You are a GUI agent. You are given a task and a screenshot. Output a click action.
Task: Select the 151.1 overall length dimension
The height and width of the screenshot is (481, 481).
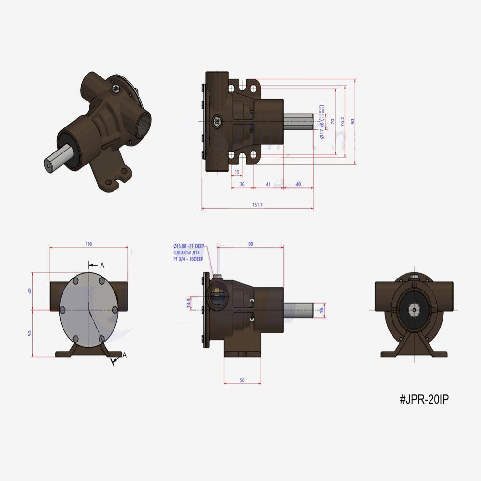[257, 205]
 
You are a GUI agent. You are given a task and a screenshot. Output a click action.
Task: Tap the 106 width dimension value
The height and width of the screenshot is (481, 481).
[89, 244]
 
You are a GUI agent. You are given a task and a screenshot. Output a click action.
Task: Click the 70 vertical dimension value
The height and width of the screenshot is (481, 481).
[332, 122]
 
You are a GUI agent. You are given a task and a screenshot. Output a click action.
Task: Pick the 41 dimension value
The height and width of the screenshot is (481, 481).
[268, 184]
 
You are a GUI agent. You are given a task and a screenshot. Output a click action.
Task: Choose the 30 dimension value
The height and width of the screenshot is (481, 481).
[242, 184]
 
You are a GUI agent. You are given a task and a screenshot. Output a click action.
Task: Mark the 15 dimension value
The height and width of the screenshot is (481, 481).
[237, 172]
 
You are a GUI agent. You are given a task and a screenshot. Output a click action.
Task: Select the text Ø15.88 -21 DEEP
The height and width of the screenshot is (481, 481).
[188, 246]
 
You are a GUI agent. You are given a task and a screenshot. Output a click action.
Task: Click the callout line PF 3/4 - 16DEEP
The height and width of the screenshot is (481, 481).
[188, 259]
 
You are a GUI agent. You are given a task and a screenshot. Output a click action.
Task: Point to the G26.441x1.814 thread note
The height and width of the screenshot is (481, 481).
[188, 253]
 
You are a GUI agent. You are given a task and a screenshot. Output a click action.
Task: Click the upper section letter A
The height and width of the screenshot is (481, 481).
[102, 265]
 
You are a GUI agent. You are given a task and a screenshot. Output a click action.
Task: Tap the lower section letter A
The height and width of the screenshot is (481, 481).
[124, 355]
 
